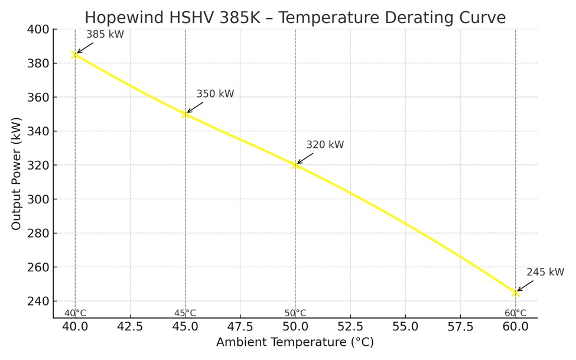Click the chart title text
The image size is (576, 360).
point(295,17)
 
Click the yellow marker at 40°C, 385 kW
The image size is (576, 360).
point(75,54)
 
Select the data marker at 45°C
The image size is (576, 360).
point(185,114)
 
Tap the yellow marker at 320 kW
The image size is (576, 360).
point(295,165)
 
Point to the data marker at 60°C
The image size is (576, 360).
point(515,293)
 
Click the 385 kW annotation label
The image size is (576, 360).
point(105,34)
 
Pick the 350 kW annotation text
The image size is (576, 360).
point(215,94)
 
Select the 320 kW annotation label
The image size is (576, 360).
point(325,145)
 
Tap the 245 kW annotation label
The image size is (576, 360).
point(545,273)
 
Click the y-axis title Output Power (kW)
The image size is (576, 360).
point(16,174)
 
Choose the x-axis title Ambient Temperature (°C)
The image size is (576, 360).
point(295,342)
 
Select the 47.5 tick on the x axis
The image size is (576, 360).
point(240,326)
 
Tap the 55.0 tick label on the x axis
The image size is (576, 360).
point(405,326)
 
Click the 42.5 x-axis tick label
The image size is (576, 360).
point(130,326)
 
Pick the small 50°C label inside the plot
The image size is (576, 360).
point(295,313)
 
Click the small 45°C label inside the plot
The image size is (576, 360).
point(185,313)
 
